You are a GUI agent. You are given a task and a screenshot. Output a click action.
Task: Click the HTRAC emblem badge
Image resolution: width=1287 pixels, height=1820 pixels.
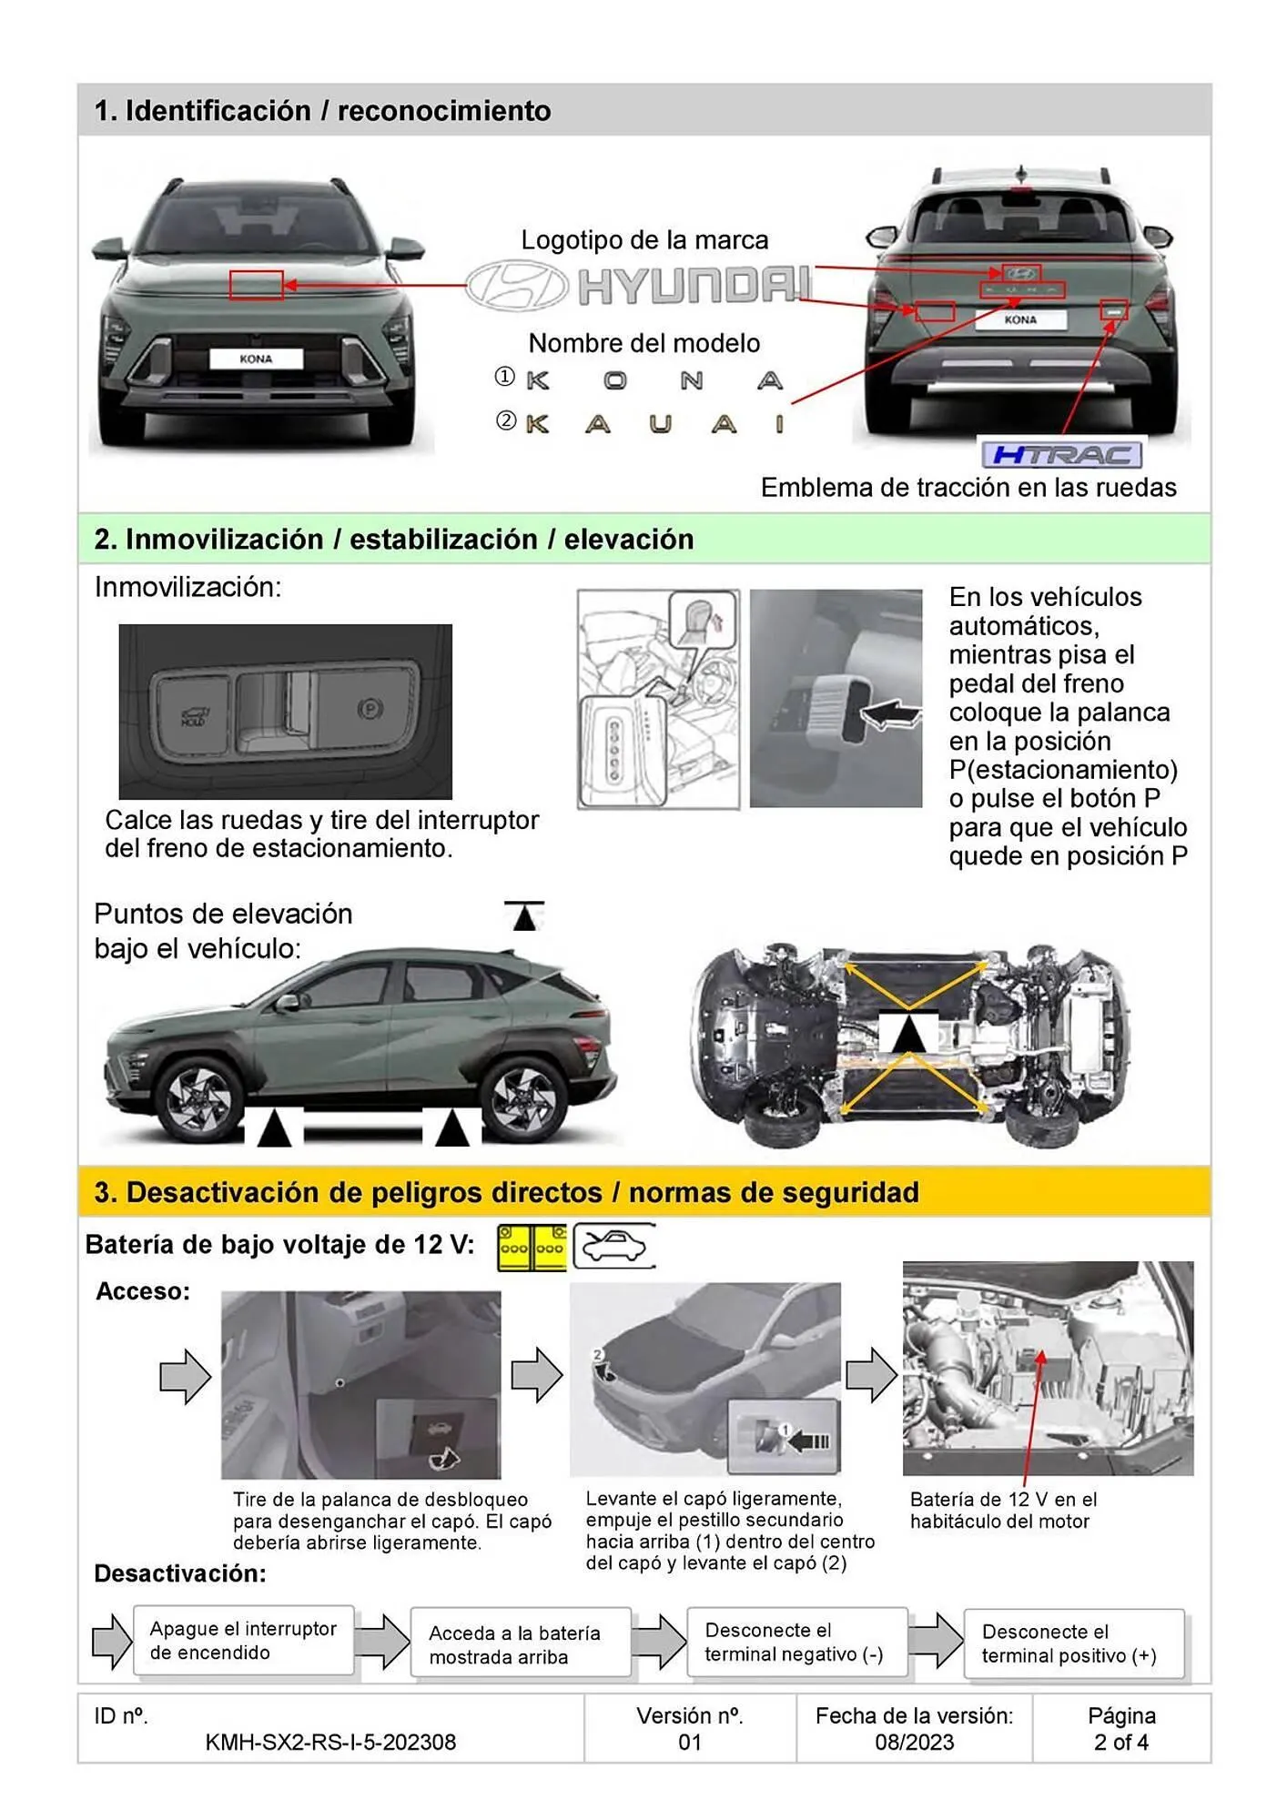coord(1060,454)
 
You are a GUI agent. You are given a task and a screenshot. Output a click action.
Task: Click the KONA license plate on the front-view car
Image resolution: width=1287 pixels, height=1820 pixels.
coord(256,359)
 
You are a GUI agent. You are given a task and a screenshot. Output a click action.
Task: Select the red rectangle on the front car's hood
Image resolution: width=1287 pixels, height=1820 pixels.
coord(256,285)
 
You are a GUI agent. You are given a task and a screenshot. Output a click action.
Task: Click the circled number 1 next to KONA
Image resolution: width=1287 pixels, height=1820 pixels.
coord(504,377)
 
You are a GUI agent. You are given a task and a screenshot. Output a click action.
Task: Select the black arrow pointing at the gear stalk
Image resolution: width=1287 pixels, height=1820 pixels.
coord(890,714)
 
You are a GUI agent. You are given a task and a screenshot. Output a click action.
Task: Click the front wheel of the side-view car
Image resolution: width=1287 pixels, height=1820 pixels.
coord(199,1097)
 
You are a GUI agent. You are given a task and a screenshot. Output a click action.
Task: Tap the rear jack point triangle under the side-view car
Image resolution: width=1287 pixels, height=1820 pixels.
coord(451,1129)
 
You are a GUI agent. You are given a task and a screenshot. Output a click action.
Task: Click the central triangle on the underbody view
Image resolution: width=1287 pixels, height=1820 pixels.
coord(908,1034)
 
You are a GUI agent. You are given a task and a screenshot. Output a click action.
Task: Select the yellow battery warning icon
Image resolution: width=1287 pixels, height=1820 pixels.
coord(532,1248)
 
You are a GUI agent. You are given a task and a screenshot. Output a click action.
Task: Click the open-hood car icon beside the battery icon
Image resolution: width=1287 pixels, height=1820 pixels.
coord(613,1246)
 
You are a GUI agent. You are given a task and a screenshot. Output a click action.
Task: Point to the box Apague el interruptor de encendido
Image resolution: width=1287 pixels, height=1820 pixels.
coord(243,1641)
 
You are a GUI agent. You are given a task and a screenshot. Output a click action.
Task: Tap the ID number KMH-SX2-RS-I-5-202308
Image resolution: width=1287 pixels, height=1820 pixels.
coord(330,1742)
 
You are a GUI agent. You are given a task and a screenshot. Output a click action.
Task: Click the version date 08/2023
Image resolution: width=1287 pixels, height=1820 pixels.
coord(914,1742)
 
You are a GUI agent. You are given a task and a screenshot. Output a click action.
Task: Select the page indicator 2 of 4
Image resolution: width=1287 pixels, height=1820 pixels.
coord(1120,1742)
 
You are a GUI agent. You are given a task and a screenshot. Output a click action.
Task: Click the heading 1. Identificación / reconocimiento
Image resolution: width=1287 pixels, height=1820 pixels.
coord(322,111)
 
